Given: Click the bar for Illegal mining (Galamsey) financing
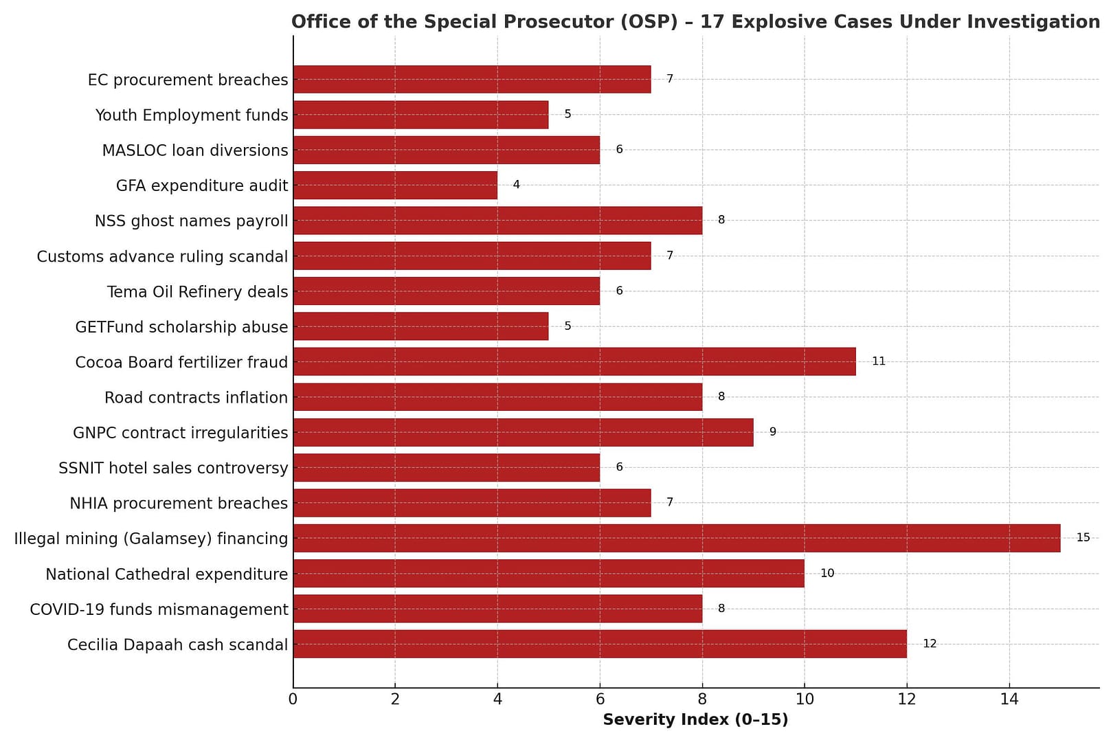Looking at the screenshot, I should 677,538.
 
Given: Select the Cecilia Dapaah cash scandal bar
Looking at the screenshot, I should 600,644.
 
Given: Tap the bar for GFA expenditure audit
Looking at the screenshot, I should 395,185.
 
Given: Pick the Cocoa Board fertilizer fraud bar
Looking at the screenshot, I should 574,361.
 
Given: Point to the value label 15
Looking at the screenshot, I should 1083,538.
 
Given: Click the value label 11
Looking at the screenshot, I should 878,361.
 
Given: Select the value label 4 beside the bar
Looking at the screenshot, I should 516,185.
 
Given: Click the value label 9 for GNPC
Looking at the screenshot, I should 772,432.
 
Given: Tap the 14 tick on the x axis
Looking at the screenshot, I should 1009,700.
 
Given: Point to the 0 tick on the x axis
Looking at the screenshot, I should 293,700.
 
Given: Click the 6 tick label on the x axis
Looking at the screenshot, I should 600,700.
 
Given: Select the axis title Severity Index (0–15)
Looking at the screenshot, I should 695,720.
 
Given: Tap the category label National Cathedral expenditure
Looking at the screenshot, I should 167,574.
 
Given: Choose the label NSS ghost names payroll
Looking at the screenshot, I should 192,221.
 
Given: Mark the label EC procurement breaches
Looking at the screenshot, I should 188,80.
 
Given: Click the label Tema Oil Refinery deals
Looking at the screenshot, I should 198,292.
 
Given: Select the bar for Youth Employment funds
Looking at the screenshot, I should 420,115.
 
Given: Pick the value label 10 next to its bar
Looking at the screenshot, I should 827,573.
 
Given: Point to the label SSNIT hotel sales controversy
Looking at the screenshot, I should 174,469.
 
